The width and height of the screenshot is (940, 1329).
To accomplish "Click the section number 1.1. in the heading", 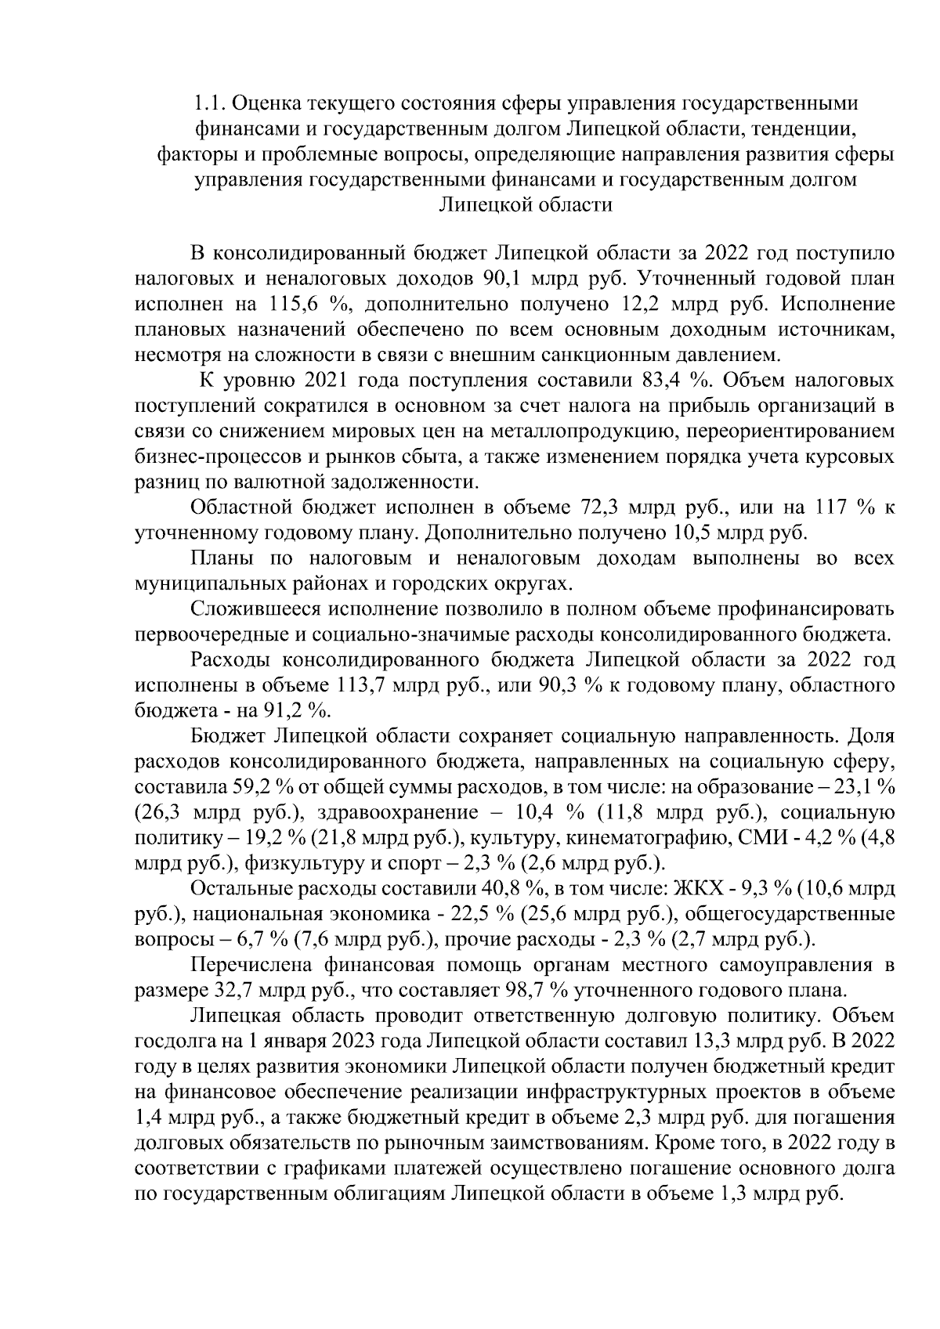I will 208,103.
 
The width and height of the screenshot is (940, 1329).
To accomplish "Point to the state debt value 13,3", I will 710,1041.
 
